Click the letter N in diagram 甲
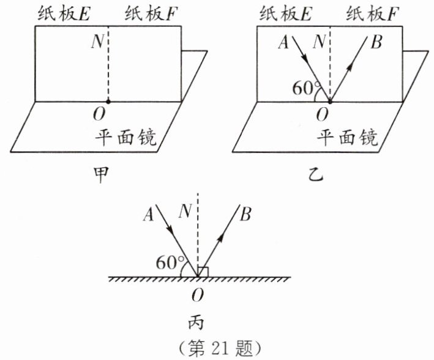tap(98, 42)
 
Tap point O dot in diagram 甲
tap(108, 102)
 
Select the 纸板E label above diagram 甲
tap(64, 13)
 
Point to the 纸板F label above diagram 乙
tap(372, 13)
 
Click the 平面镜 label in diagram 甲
tap(126, 137)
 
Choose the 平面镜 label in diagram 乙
tap(347, 137)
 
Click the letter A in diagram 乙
tap(283, 43)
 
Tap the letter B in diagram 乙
tap(376, 42)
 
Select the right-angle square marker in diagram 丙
tap(203, 272)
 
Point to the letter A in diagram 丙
tap(148, 215)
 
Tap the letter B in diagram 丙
tap(245, 214)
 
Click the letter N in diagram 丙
tap(185, 211)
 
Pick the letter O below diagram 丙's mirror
tap(197, 296)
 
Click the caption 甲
tap(100, 174)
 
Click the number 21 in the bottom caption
tap(222, 348)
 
